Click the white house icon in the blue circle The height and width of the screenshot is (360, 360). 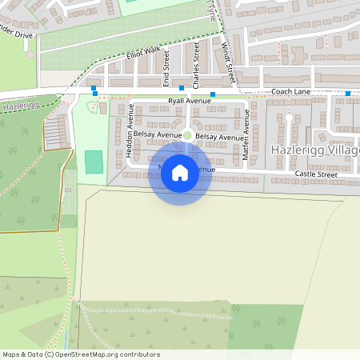click(x=180, y=172)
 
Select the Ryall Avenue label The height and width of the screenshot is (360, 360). click(x=190, y=102)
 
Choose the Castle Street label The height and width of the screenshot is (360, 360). click(x=316, y=174)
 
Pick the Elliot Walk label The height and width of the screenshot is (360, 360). click(x=143, y=54)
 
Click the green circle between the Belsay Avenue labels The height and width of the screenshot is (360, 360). click(x=188, y=136)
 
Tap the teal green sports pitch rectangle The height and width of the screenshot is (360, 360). click(x=94, y=162)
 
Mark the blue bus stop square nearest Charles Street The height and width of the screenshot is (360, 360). click(x=182, y=88)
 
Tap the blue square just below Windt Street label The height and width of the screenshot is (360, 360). click(x=213, y=94)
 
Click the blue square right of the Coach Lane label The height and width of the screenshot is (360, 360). click(x=348, y=93)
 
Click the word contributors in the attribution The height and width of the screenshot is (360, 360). click(x=138, y=354)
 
